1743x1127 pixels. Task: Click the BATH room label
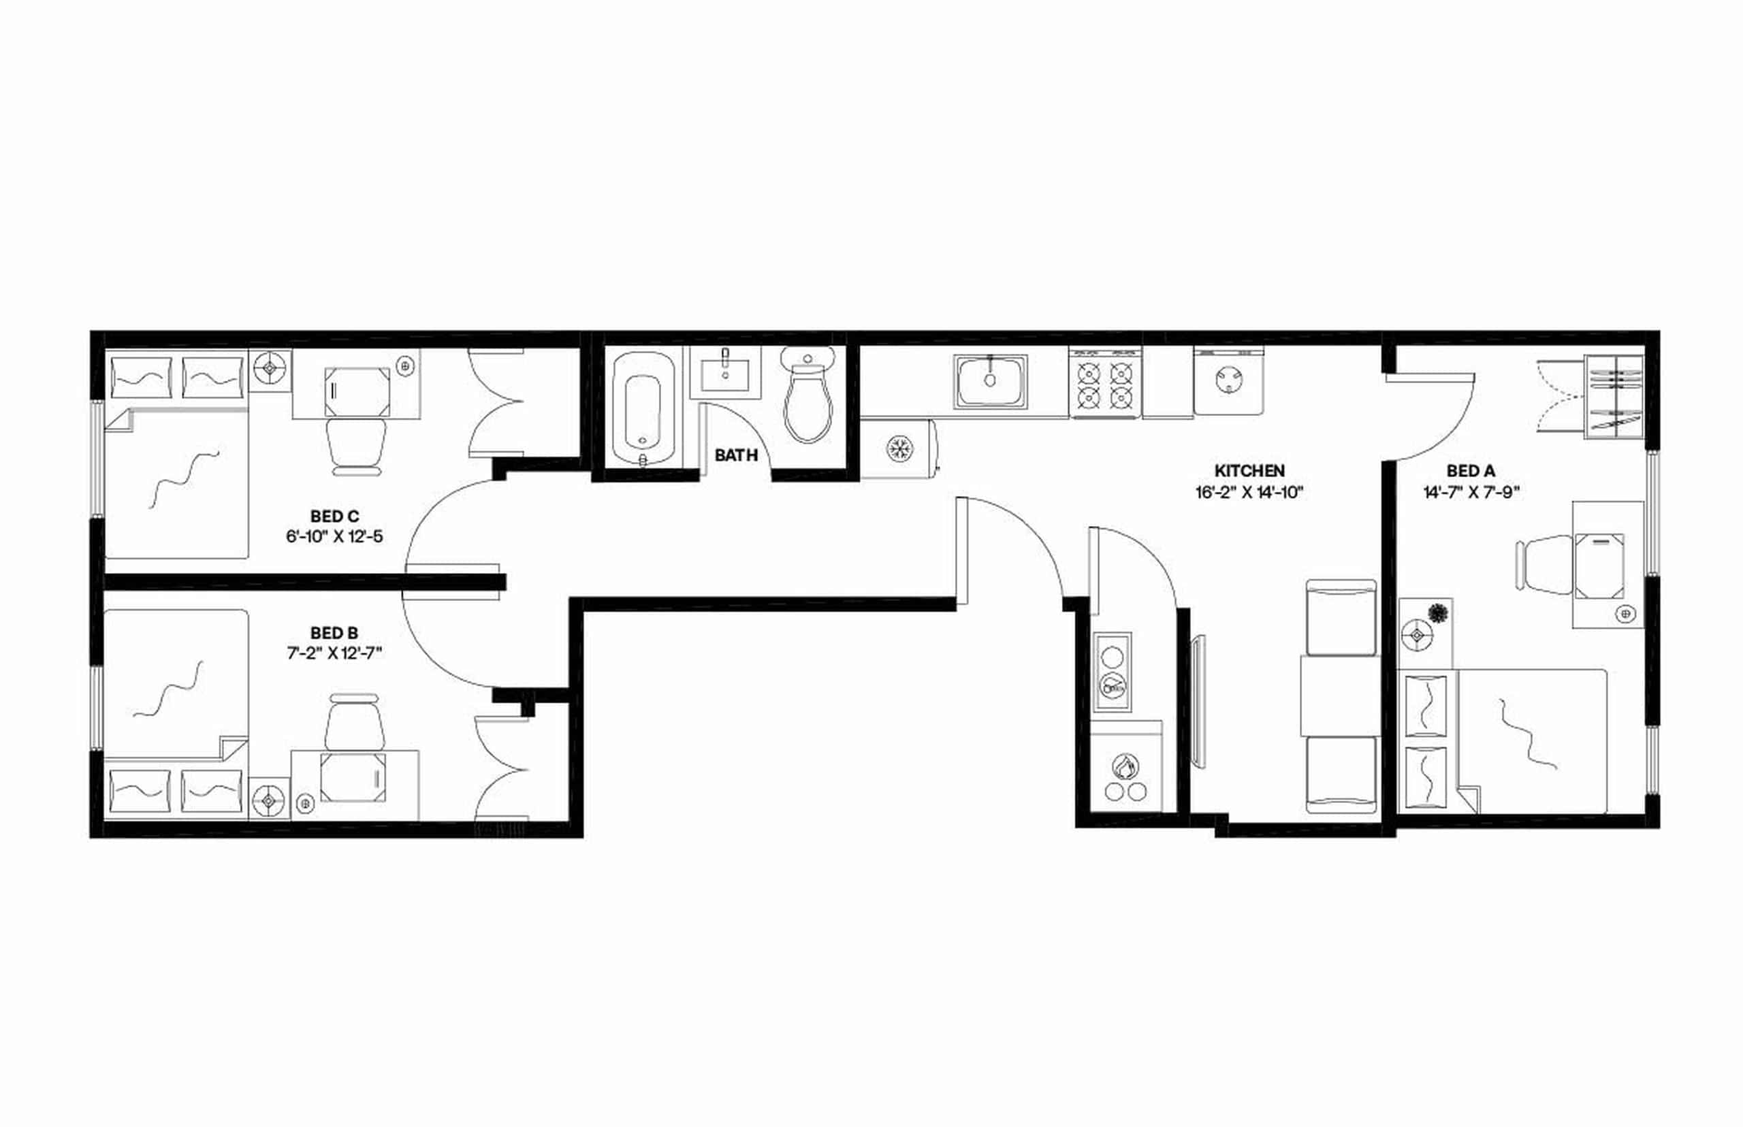pos(736,455)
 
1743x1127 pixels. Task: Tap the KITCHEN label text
pos(1249,470)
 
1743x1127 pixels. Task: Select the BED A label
pos(1470,470)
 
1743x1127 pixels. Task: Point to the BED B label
pos(334,632)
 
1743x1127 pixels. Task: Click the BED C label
pos(334,517)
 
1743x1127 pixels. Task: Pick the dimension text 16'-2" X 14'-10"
pos(1249,493)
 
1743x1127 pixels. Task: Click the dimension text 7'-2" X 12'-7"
pos(334,653)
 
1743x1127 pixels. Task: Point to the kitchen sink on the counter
pos(990,380)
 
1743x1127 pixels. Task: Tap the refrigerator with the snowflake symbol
pos(899,448)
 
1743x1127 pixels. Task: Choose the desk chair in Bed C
pos(357,445)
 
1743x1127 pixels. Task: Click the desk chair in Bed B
pos(355,723)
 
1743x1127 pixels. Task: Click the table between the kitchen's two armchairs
pos(1340,696)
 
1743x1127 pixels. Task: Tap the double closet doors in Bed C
pos(496,402)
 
